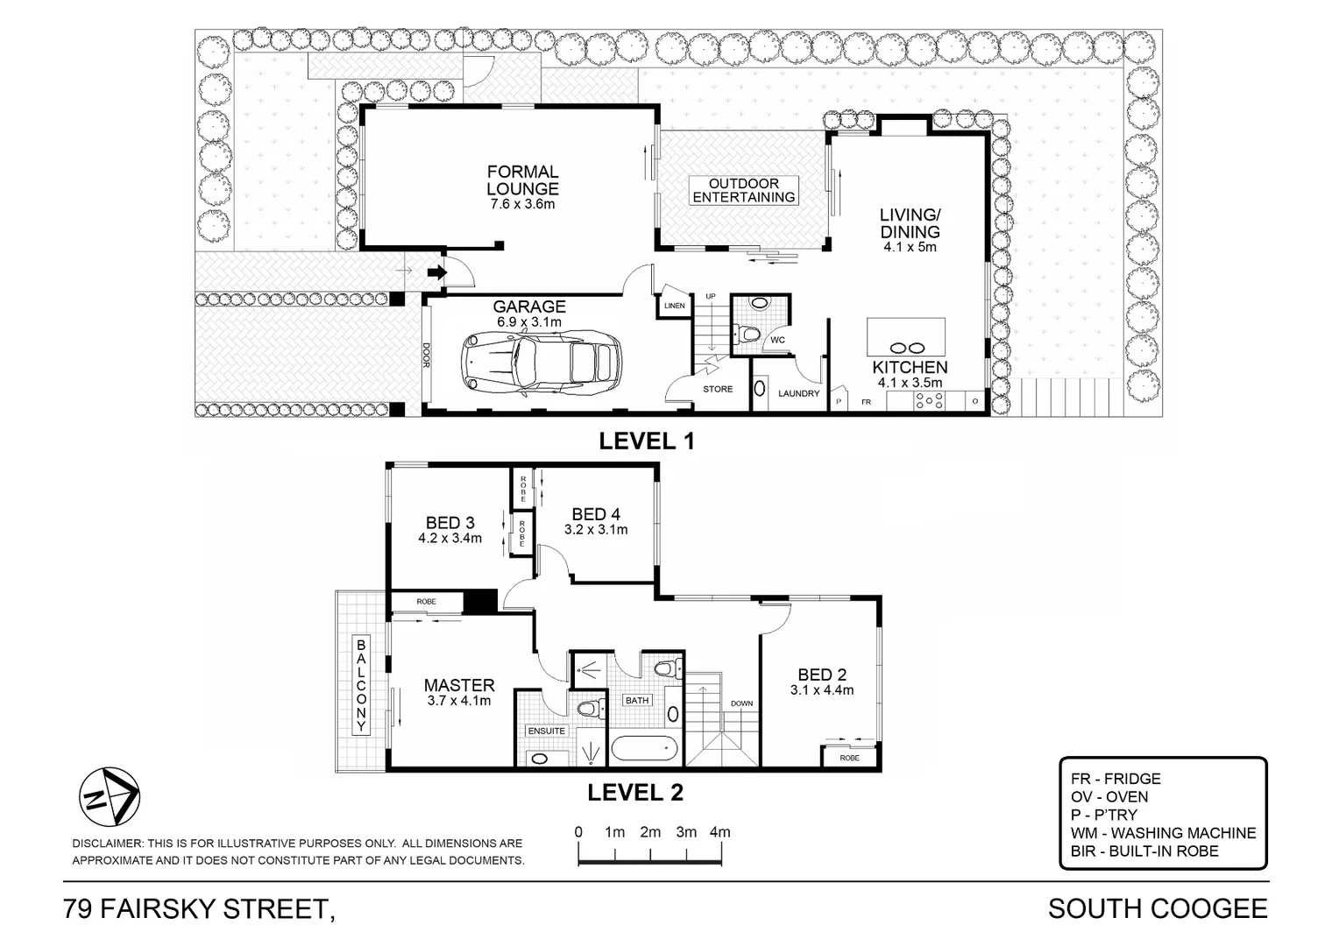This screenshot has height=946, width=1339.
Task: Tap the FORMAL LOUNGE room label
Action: [x=522, y=180]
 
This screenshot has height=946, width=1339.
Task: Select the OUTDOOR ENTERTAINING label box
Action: [x=744, y=190]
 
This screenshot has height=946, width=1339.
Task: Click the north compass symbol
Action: [x=110, y=797]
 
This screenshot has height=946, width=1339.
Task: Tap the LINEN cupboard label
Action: [x=674, y=306]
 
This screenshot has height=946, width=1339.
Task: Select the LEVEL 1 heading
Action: [x=646, y=441]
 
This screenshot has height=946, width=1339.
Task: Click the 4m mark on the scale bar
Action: [x=719, y=832]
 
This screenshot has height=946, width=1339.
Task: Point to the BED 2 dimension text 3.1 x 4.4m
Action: [x=822, y=690]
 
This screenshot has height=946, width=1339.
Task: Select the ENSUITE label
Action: [x=546, y=731]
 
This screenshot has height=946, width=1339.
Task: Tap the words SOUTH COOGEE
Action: [x=1157, y=908]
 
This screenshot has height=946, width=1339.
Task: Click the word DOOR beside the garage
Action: [x=427, y=354]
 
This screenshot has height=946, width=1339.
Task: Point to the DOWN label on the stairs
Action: [x=741, y=703]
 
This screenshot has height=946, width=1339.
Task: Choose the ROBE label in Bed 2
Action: [x=848, y=758]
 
